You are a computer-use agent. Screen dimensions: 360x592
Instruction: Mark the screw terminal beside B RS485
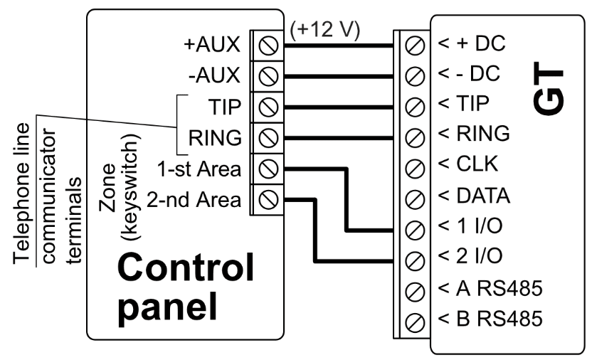pyautogui.click(x=417, y=322)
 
